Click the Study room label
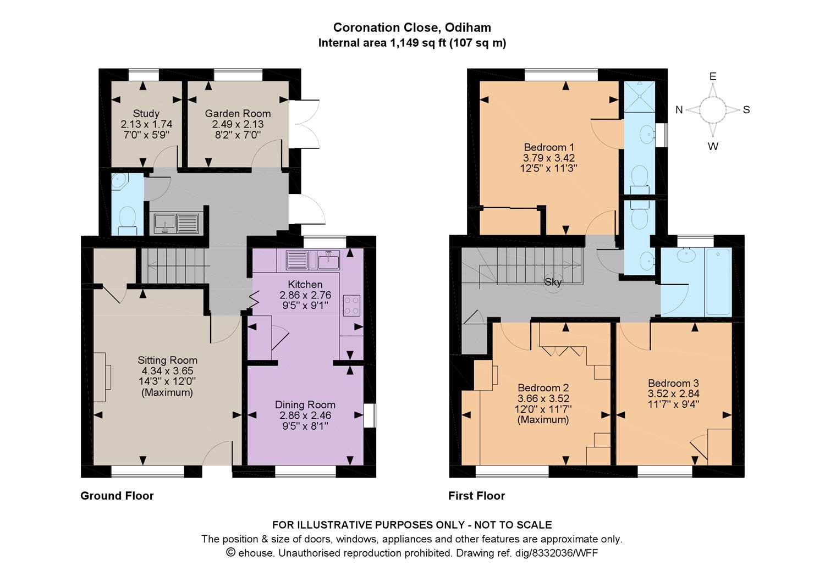[146, 113]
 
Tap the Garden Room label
[238, 113]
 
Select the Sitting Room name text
[168, 360]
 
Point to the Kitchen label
[305, 284]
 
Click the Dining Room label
[305, 404]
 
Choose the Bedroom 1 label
[549, 147]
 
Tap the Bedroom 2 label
[543, 387]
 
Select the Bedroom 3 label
[674, 383]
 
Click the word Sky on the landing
[553, 282]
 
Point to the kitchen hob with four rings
[351, 306]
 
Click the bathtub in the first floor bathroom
[718, 282]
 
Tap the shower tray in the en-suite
[640, 96]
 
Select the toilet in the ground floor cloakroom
[128, 220]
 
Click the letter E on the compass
[713, 76]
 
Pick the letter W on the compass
[713, 147]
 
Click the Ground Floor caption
[117, 496]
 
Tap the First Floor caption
[477, 496]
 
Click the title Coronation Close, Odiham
[412, 27]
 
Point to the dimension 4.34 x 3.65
[168, 371]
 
